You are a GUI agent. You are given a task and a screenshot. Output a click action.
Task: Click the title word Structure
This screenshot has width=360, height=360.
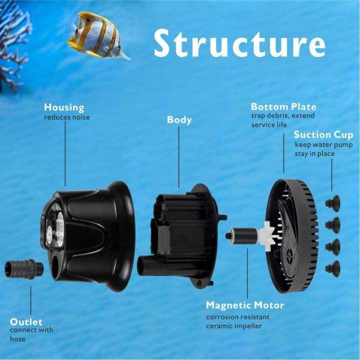tap(239, 43)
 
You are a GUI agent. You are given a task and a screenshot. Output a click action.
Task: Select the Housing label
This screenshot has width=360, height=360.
tap(65, 107)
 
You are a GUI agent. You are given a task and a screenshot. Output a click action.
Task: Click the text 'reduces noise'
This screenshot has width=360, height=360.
tap(67, 117)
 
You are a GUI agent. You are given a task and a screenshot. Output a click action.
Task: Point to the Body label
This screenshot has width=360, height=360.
tap(179, 119)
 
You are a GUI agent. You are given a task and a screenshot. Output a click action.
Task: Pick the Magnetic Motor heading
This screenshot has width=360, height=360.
tap(245, 305)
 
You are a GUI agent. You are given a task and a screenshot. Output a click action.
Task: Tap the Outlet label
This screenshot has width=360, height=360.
tap(27, 320)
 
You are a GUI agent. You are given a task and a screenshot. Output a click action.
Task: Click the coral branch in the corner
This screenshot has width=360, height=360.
tap(13, 42)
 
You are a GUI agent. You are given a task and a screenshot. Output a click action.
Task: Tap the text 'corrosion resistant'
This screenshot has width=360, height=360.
tap(236, 317)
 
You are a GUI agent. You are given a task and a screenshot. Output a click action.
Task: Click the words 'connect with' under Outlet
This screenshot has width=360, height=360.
tap(31, 330)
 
